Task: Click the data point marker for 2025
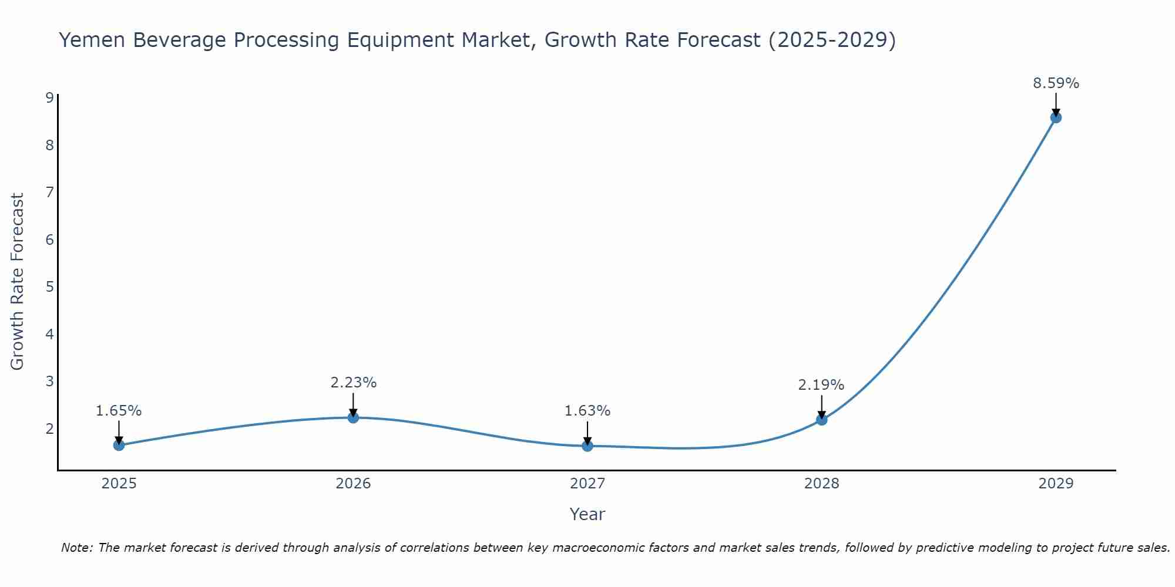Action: click(x=119, y=445)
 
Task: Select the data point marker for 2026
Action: click(x=353, y=417)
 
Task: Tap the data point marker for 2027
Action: click(x=587, y=446)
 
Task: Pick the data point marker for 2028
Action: click(x=821, y=420)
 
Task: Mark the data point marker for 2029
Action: click(x=1056, y=117)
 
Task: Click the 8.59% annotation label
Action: click(x=1056, y=83)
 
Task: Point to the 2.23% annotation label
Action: click(x=353, y=383)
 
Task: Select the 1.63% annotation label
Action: click(x=587, y=411)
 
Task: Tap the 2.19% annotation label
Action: click(x=821, y=385)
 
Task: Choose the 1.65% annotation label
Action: click(x=119, y=411)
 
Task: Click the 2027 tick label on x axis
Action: click(x=587, y=484)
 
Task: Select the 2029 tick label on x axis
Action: click(x=1056, y=484)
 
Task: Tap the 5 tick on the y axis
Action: click(x=49, y=287)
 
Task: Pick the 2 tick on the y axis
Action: click(x=49, y=429)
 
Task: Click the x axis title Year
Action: click(x=587, y=514)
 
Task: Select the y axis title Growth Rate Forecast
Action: click(x=18, y=282)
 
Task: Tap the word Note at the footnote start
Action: click(x=77, y=548)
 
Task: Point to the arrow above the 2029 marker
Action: click(x=1056, y=104)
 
